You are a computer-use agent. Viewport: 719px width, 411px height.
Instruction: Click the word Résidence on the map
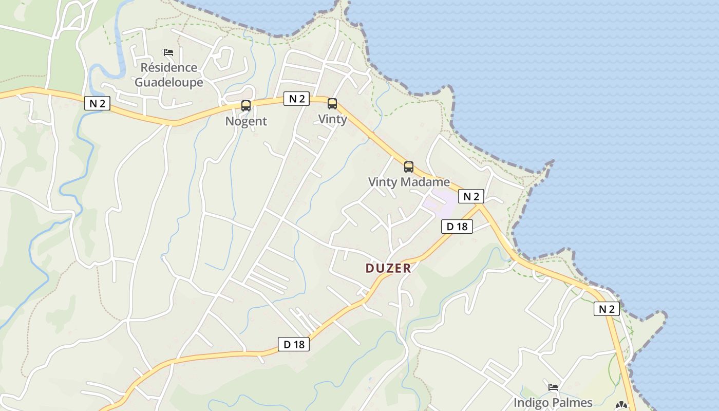[x=168, y=67]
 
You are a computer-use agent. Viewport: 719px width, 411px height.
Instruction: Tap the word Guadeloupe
[x=168, y=82]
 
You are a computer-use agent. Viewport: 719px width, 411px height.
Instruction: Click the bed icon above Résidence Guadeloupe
[x=168, y=52]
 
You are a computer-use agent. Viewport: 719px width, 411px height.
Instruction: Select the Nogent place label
[x=246, y=121]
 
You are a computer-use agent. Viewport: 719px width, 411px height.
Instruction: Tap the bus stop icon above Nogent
[x=246, y=106]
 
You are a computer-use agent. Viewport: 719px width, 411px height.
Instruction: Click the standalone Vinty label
[x=332, y=119]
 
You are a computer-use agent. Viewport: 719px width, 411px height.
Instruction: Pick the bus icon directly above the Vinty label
[x=332, y=104]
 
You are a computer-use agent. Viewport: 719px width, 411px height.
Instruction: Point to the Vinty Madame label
[x=409, y=182]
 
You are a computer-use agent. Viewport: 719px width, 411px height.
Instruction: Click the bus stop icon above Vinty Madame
[x=409, y=167]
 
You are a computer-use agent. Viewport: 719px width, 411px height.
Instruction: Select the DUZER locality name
[x=388, y=268]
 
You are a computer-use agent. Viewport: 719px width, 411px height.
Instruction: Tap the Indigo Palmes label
[x=553, y=403]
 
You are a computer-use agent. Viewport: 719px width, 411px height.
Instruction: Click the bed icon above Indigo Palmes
[x=553, y=387]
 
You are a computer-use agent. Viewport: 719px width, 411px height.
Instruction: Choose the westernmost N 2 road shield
[x=97, y=103]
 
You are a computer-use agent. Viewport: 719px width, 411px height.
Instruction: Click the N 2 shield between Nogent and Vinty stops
[x=297, y=99]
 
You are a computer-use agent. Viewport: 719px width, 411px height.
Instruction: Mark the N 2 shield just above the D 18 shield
[x=471, y=196]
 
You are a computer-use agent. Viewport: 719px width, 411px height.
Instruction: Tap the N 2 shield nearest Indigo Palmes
[x=607, y=309]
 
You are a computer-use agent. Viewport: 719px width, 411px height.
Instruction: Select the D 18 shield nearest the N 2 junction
[x=457, y=227]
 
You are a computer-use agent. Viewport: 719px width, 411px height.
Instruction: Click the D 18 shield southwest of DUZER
[x=294, y=344]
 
